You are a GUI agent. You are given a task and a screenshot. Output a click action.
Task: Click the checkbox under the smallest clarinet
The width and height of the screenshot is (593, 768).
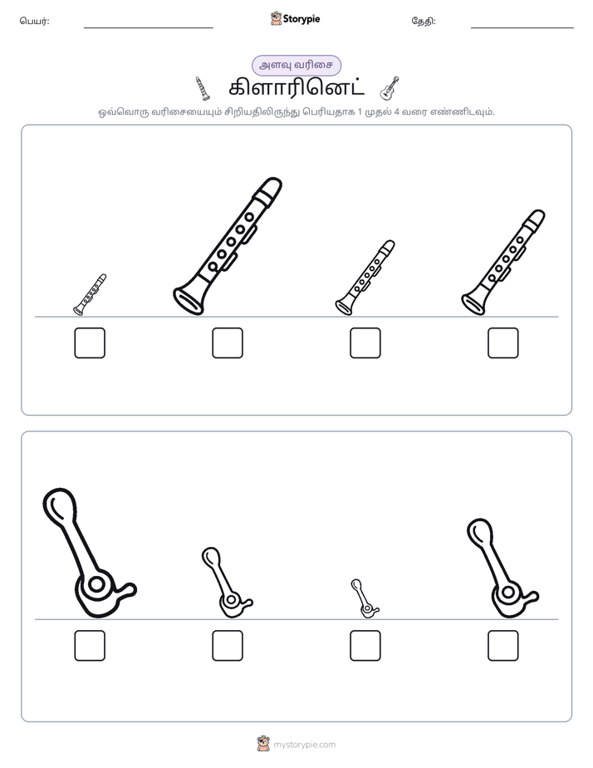pos(90,342)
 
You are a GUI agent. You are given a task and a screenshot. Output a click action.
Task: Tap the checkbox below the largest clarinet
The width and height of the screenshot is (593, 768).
pos(228,342)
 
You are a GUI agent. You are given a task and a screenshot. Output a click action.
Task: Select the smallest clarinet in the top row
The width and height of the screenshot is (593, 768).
pos(90,294)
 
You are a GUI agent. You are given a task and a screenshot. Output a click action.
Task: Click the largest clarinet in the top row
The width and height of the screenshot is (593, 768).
pos(228,246)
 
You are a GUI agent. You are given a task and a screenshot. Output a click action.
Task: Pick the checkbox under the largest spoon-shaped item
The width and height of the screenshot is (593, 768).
pos(90,646)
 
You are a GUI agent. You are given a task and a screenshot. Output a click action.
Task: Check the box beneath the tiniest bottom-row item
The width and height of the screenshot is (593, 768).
pos(365,646)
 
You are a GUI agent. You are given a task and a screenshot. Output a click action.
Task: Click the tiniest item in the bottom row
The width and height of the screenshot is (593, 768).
pos(364,598)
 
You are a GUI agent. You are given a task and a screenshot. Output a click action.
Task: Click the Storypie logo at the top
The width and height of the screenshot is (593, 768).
pos(295,19)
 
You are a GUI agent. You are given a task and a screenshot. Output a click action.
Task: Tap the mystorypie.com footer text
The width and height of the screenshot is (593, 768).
pos(304,745)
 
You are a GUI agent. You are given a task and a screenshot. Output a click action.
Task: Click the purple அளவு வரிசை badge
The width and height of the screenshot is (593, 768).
pos(296,65)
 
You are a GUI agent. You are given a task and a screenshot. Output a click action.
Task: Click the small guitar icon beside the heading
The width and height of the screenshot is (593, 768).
pos(390,88)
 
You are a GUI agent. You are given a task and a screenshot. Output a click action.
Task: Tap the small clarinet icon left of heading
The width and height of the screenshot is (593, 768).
pos(203,88)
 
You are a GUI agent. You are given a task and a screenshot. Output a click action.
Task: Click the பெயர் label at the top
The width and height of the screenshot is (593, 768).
pos(34,21)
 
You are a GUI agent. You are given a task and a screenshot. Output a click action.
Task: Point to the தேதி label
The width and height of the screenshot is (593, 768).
pos(424,21)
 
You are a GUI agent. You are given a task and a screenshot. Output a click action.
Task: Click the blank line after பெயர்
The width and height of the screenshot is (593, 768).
pos(148,28)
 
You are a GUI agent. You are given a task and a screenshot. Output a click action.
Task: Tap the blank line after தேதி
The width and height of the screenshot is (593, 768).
pos(522,28)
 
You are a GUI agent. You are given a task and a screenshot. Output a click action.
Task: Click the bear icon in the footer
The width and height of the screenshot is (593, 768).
pos(263,744)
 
